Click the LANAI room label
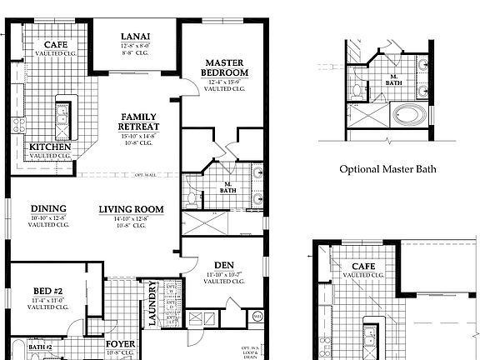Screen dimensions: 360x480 pyautogui.click(x=135, y=37)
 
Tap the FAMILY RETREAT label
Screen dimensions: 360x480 pyautogui.click(x=140, y=122)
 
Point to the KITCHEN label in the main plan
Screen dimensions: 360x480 pyautogui.click(x=51, y=147)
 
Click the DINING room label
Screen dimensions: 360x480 pyautogui.click(x=48, y=208)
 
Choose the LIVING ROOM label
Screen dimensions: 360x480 pyautogui.click(x=130, y=208)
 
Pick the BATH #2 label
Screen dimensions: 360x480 pyautogui.click(x=40, y=347)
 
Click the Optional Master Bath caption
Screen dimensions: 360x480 pyautogui.click(x=387, y=169)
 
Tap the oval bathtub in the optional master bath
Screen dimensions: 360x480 pyautogui.click(x=408, y=114)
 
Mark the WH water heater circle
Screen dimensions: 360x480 pyautogui.click(x=257, y=316)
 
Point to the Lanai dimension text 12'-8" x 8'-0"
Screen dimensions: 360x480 pyautogui.click(x=135, y=46)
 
